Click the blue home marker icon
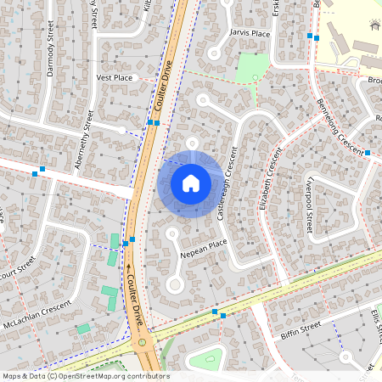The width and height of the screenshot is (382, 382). point(191,183)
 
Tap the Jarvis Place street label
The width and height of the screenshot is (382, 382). point(250,33)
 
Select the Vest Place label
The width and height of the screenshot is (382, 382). point(115,77)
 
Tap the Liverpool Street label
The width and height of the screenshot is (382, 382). point(311,205)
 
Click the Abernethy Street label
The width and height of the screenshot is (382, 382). point(83,140)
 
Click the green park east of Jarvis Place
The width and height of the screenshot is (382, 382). point(252,67)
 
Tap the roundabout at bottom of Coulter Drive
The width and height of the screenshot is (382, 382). point(145,344)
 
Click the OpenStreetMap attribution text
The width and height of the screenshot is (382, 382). point(86,376)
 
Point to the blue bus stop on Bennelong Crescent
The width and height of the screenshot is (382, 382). point(368,153)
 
